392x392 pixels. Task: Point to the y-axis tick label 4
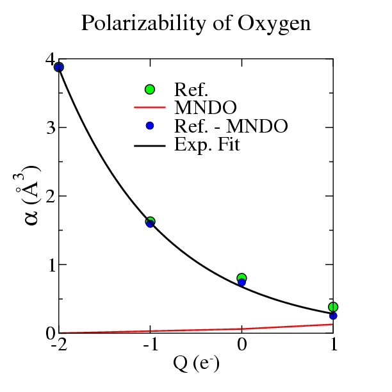tap(49, 60)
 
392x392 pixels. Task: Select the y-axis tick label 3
tap(49, 128)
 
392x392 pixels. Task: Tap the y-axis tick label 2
tap(49, 197)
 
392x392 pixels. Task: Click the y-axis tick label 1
tap(49, 265)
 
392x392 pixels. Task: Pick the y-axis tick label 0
tap(49, 333)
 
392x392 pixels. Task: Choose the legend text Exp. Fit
tap(207, 145)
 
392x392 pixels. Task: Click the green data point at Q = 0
tap(241, 278)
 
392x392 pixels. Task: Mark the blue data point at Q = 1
tap(333, 316)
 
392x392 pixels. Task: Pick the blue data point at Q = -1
tap(150, 224)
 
